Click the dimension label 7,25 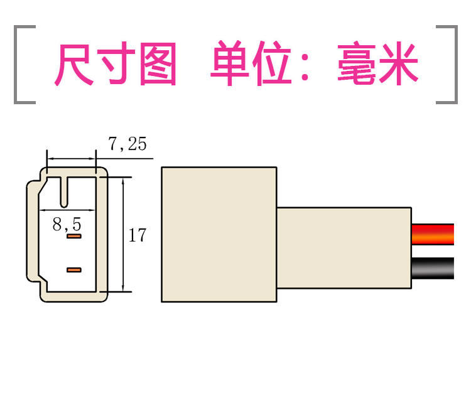tap(127, 144)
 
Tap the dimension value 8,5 tap(67, 224)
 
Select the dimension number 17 tap(137, 235)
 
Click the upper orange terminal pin tap(74, 237)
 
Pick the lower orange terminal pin tap(74, 270)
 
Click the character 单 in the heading tap(230, 64)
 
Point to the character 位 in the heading tap(271, 64)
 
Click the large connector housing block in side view tap(219, 234)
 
